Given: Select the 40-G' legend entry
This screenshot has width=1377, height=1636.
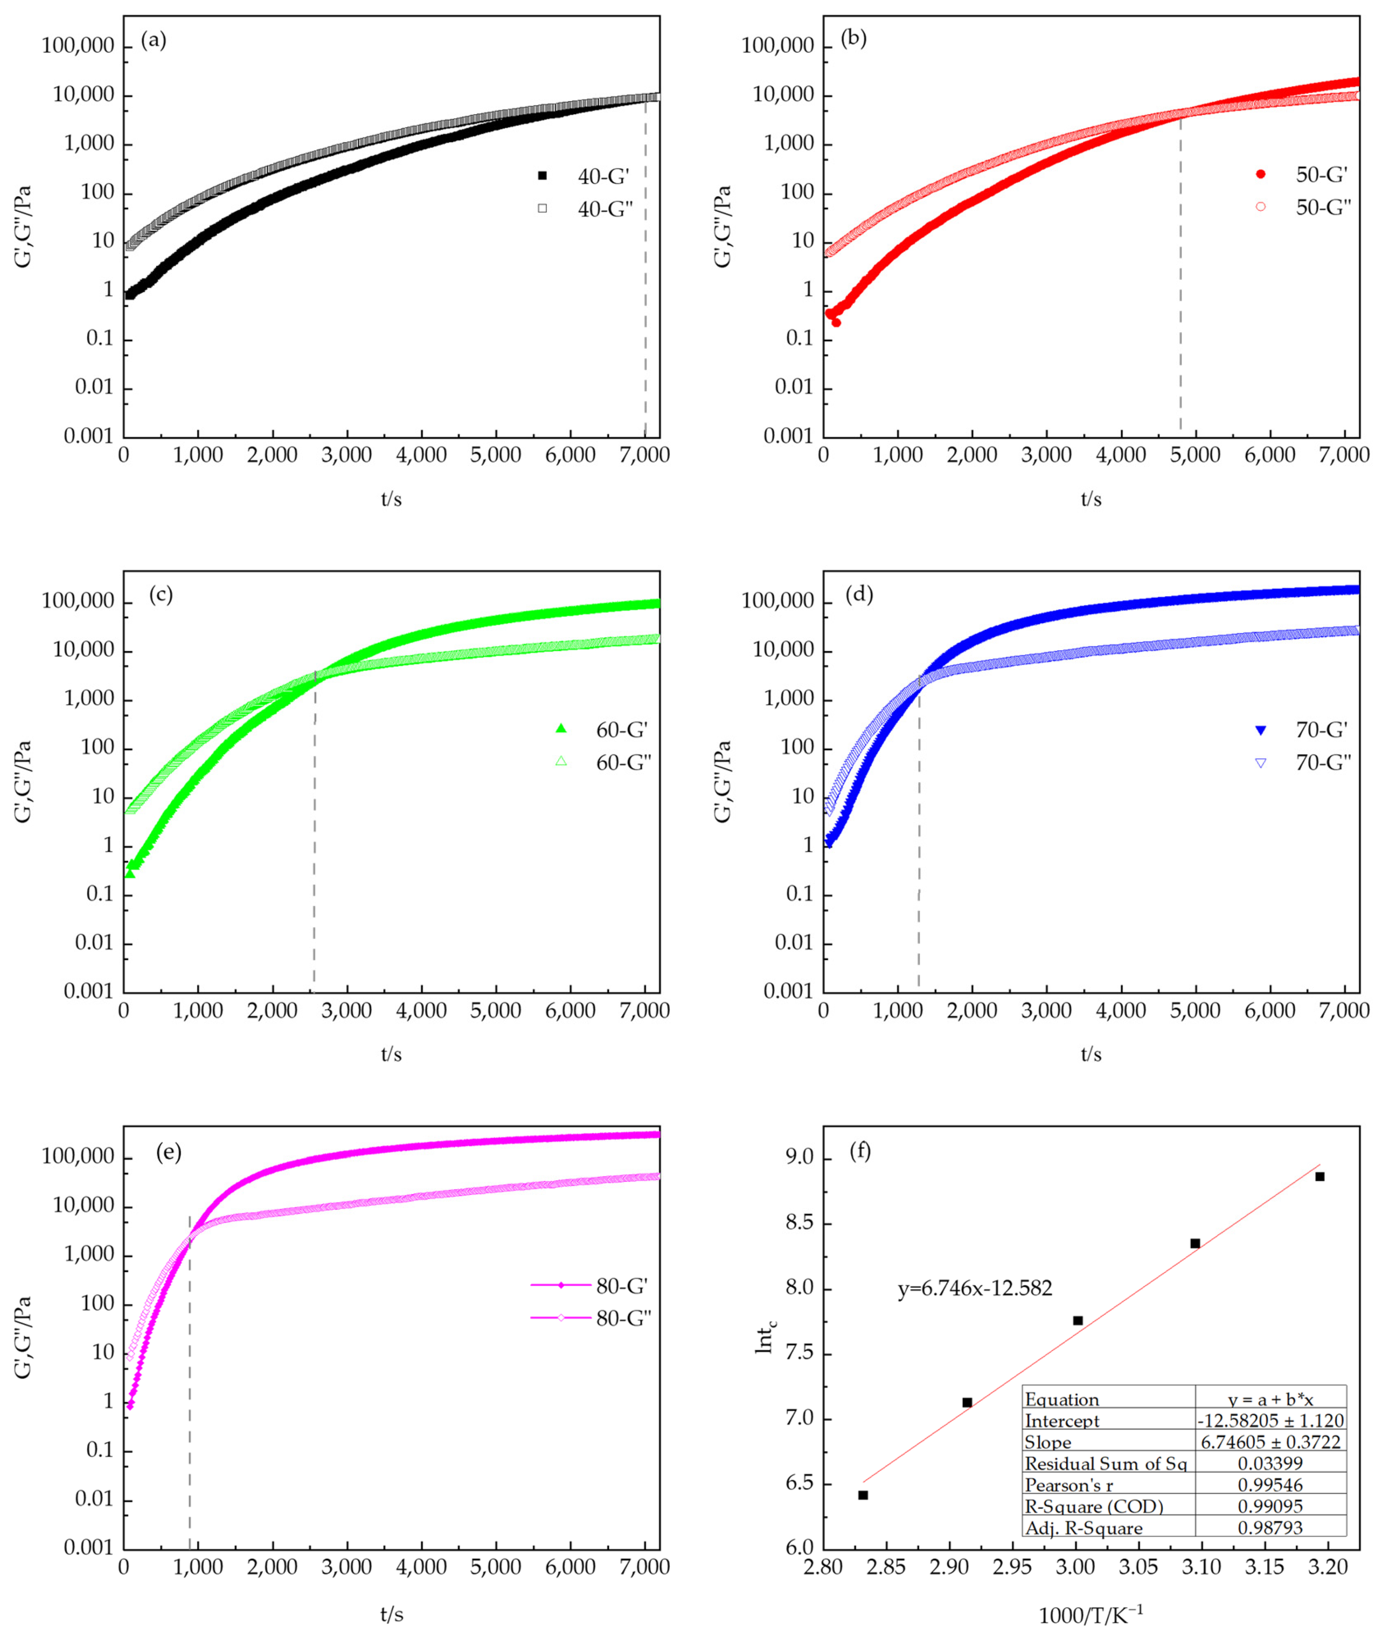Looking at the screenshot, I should tap(603, 176).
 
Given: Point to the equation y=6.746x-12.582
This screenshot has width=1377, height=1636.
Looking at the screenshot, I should tap(974, 1288).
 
